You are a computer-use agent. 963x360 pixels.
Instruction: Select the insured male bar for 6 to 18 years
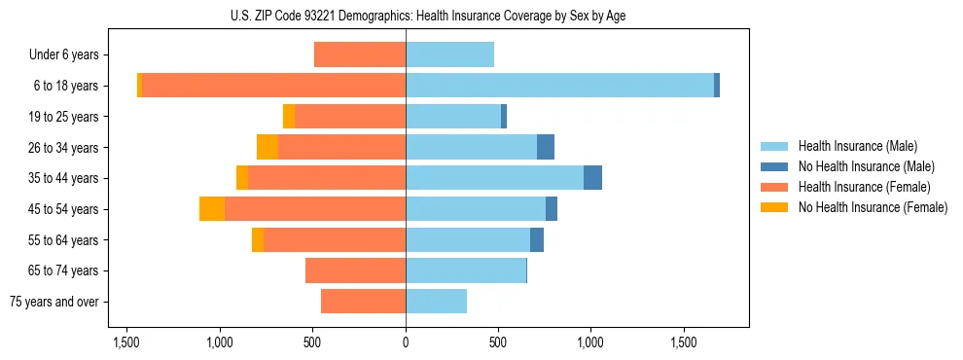click(559, 86)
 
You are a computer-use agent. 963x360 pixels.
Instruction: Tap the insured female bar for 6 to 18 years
click(273, 86)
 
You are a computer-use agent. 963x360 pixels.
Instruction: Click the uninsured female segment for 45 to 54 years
click(212, 209)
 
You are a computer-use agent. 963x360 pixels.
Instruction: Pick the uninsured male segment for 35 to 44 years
click(592, 178)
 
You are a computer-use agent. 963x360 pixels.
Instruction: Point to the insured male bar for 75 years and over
click(436, 302)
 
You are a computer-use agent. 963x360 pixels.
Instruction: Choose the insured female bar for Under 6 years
click(360, 54)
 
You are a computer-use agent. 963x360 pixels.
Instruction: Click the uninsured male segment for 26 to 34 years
click(546, 147)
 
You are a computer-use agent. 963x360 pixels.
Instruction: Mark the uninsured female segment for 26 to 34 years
click(267, 147)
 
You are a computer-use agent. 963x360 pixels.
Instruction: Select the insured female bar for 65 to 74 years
click(355, 270)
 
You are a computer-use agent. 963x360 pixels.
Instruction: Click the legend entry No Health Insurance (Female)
click(873, 207)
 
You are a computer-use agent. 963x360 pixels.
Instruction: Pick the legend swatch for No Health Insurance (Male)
click(774, 166)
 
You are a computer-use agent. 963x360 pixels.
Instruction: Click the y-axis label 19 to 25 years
click(63, 117)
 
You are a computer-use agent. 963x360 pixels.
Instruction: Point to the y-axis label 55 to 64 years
click(63, 240)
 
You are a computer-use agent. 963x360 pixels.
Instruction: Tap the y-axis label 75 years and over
click(54, 302)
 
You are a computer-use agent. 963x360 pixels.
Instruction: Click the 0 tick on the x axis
click(406, 343)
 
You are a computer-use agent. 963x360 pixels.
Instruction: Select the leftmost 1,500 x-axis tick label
click(126, 343)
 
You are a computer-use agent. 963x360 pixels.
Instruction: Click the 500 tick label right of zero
click(498, 343)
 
